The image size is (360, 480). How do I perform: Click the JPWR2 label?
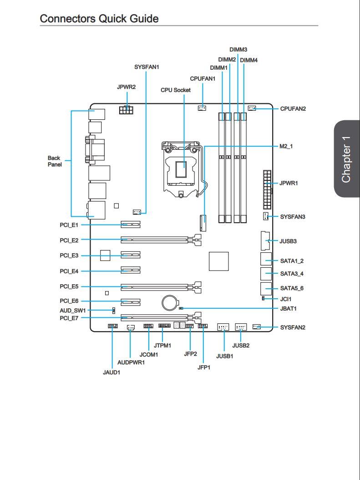coord(126,87)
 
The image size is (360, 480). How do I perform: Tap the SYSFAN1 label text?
coord(147,67)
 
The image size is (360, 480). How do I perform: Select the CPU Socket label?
coord(176,90)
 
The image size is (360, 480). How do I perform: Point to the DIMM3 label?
coord(238,50)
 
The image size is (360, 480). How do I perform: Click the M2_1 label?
coord(286,146)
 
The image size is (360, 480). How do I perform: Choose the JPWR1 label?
coord(289,183)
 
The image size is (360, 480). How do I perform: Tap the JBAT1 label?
coord(289,309)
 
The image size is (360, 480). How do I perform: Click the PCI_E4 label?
coord(69,271)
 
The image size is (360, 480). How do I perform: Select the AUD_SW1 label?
coord(73,311)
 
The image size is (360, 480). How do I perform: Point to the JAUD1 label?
coord(112,373)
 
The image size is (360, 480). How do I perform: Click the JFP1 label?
coord(204,368)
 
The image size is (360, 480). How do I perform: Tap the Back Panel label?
coord(55,161)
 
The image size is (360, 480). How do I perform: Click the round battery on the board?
coord(170,303)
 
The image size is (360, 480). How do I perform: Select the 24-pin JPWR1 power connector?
coord(267,189)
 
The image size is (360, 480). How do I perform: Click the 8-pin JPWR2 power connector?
coord(126,109)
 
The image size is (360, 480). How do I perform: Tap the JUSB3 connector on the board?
coord(265,241)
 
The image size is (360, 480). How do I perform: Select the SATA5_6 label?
coord(292,288)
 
